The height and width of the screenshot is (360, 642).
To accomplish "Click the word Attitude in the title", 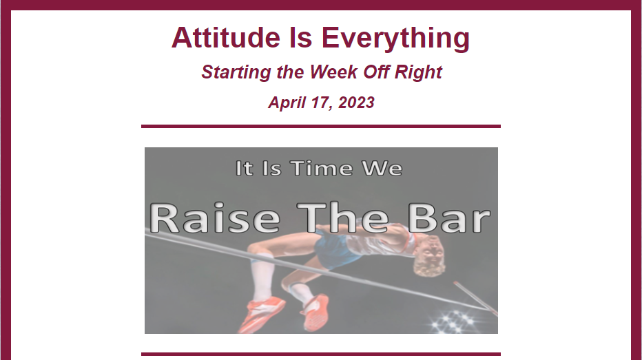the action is pyautogui.click(x=226, y=37).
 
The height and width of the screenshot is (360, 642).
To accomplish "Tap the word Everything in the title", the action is pyautogui.click(x=395, y=39).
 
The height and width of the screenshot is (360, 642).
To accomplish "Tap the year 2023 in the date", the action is pyautogui.click(x=356, y=103).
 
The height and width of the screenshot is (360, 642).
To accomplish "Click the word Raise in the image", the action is pyautogui.click(x=214, y=218).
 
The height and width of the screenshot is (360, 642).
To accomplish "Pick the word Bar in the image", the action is pyautogui.click(x=449, y=218).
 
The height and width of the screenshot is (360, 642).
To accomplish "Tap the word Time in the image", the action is pyautogui.click(x=322, y=168).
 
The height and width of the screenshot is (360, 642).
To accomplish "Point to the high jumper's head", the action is pyautogui.click(x=429, y=257).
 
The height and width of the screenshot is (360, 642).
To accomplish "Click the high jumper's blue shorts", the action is pyautogui.click(x=335, y=251).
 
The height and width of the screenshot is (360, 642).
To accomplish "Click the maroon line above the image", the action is pyautogui.click(x=321, y=127).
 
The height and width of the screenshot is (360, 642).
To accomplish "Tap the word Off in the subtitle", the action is pyautogui.click(x=376, y=72).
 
